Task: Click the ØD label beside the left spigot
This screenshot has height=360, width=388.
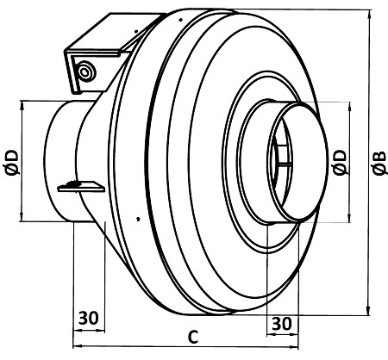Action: (x=13, y=162)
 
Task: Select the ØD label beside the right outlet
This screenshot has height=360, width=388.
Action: (x=341, y=162)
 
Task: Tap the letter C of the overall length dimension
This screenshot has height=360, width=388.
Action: (x=193, y=337)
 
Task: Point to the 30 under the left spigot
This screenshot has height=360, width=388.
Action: (x=89, y=318)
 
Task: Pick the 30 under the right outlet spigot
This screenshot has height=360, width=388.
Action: (x=282, y=324)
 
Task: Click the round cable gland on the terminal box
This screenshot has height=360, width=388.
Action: (x=85, y=71)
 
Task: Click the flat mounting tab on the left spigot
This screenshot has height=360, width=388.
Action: (x=81, y=186)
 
